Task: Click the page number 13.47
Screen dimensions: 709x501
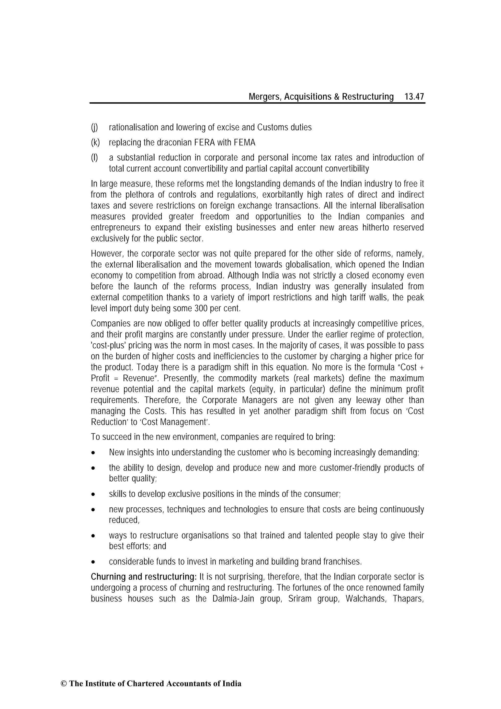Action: coord(414,97)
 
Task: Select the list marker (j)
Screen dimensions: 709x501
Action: coord(94,127)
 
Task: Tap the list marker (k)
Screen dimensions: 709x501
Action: coord(95,143)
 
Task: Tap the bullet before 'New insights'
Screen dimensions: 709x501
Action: coord(93,453)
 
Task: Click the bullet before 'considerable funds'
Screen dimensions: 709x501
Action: coord(93,562)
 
